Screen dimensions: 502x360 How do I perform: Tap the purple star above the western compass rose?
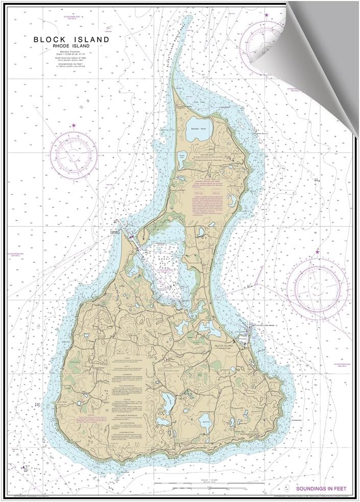pos(74,125)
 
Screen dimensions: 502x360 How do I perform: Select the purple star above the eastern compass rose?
pos(317,252)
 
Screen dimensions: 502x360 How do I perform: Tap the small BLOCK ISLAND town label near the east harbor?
pos(224,346)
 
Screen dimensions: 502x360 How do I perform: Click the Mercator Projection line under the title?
pos(71,52)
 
